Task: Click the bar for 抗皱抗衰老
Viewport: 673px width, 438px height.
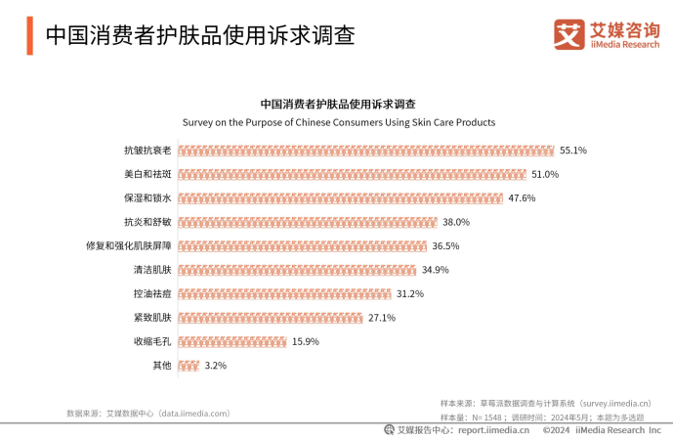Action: (366, 151)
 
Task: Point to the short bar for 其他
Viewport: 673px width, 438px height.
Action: (189, 366)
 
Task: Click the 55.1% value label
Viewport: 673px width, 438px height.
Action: (572, 151)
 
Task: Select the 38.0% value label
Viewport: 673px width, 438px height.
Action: (456, 222)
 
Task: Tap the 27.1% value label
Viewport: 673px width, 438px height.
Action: (382, 318)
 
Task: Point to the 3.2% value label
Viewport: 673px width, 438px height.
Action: (215, 366)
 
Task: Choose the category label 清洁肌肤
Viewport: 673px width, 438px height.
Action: (152, 270)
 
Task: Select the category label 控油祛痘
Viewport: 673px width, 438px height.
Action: (152, 293)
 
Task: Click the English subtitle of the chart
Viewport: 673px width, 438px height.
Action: (339, 123)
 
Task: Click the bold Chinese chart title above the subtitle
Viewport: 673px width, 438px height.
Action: (338, 104)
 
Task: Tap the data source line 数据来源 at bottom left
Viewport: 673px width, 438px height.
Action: (147, 414)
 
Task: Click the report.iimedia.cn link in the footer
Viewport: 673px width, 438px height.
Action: (493, 429)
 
